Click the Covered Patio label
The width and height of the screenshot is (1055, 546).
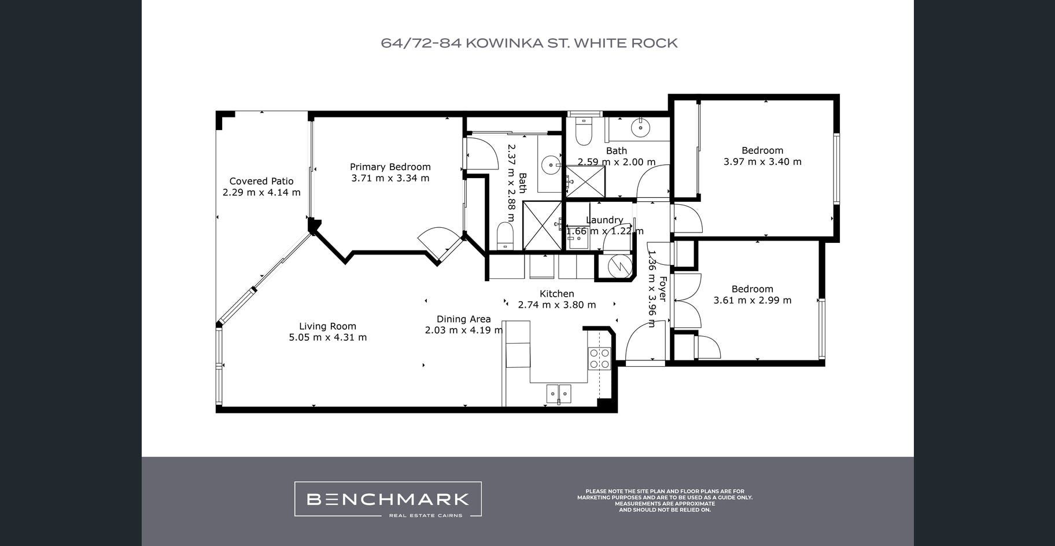pos(261,181)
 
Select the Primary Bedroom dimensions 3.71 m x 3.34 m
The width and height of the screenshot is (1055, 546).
pos(390,178)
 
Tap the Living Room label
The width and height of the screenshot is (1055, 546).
pos(327,326)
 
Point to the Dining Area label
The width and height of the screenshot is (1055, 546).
pos(464,319)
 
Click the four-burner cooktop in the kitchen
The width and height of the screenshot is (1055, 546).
pos(599,359)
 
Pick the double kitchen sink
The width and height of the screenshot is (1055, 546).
pos(559,393)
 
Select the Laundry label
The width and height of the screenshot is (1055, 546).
pos(604,220)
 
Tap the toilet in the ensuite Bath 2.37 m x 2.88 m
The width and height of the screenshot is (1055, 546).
pos(505,237)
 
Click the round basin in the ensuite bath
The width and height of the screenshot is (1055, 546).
pos(551,165)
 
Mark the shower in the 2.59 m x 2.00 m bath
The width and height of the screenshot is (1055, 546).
pos(585,182)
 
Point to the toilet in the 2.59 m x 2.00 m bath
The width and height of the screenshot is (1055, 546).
pos(584,131)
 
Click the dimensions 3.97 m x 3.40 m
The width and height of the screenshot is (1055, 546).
pos(762,162)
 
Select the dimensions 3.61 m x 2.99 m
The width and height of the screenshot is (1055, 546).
pos(752,300)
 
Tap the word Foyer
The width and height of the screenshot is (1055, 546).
pos(663,289)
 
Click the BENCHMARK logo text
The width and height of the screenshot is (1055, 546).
pos(388,499)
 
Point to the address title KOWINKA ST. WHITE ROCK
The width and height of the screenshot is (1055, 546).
pos(571,43)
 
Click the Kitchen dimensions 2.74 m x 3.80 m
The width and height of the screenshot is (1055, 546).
pos(557,305)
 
